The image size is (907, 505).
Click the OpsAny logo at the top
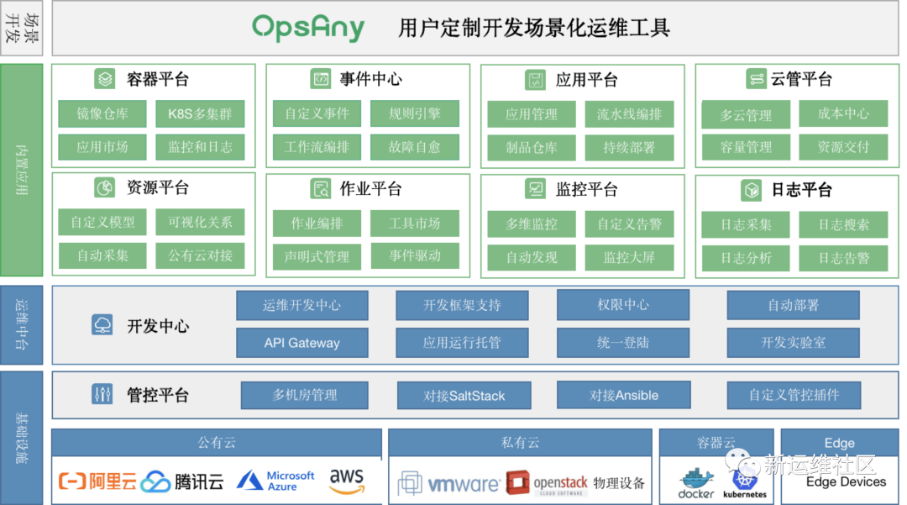point(308,27)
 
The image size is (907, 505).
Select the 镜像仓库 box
point(102,114)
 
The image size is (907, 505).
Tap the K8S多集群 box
point(200,114)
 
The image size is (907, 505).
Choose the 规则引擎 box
point(415,113)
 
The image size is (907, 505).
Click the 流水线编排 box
point(629,114)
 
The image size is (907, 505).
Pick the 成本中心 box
point(843,113)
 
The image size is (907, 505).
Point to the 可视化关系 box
point(200,222)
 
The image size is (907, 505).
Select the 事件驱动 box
point(415,255)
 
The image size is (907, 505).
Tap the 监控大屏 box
point(629,257)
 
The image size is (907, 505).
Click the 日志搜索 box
point(843,224)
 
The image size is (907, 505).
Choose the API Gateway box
point(301,343)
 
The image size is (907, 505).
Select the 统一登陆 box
point(623,343)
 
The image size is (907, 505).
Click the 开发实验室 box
point(793,343)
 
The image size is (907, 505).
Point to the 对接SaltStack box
point(464,396)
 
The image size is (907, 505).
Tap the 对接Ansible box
point(623,395)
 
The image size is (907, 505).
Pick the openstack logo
point(547,483)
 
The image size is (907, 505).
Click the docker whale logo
point(696,483)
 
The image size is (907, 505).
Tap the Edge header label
point(839,443)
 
